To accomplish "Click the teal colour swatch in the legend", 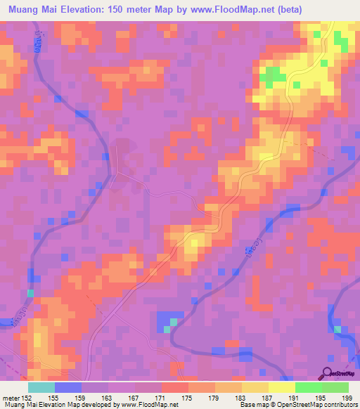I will [x=41, y=387].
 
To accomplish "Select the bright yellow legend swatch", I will [x=281, y=387].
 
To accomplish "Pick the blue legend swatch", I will [x=68, y=387].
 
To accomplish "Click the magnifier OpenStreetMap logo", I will [x=328, y=372].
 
